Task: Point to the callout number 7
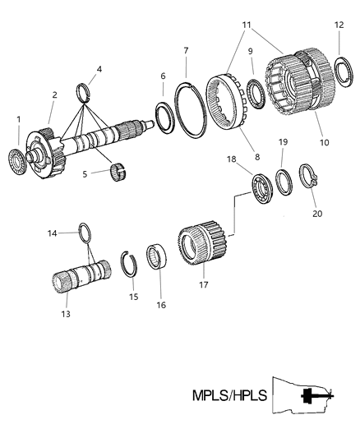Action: [x=187, y=51]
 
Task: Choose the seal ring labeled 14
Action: [x=85, y=233]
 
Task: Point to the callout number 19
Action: [x=283, y=142]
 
